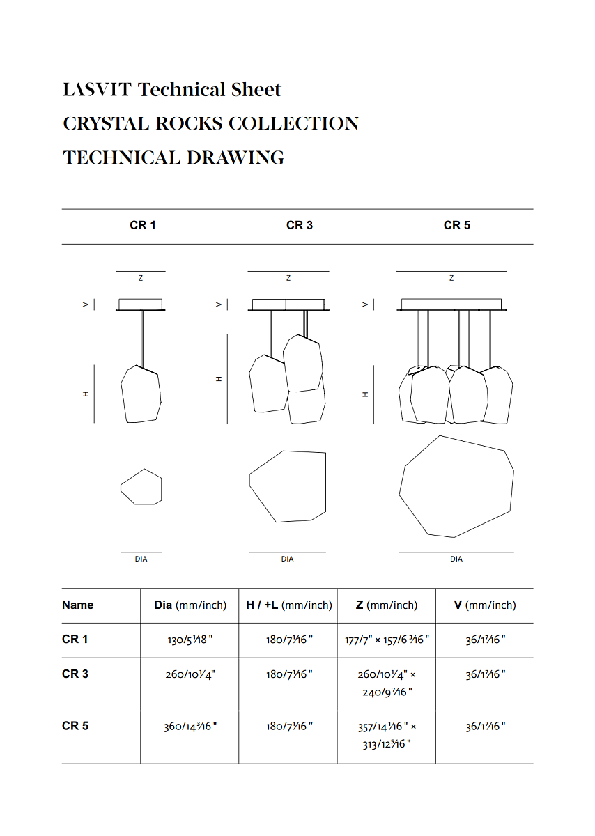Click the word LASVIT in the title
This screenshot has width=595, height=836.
[98, 90]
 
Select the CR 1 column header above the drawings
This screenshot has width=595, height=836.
[143, 225]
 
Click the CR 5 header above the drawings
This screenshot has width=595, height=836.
[457, 225]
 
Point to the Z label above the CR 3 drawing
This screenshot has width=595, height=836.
[288, 279]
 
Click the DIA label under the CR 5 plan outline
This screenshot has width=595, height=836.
[456, 559]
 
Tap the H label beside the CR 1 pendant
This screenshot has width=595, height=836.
[86, 394]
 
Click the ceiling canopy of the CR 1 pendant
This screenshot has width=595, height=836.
[141, 304]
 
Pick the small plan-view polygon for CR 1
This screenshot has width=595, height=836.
[141, 487]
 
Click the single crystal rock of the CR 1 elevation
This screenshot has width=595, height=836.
[141, 394]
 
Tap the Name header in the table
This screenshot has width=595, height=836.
[77, 605]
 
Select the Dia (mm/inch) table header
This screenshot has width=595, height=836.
[190, 605]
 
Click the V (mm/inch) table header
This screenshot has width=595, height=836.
[485, 605]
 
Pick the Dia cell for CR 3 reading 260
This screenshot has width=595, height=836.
[190, 674]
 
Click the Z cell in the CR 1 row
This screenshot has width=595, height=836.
[387, 640]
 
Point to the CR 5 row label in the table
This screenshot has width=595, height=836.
[75, 726]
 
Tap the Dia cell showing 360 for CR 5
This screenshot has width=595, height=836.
[190, 726]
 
